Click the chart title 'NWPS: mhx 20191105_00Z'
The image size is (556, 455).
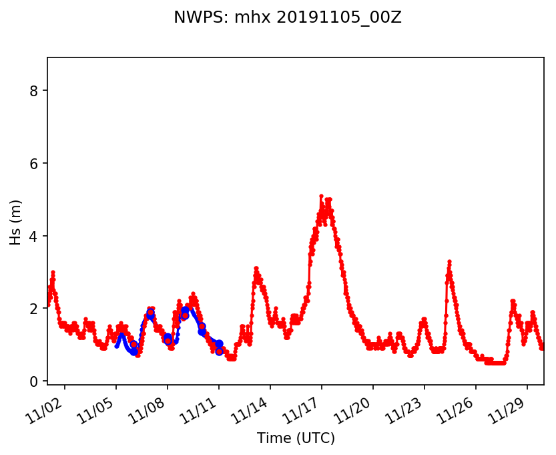pyautogui.click(x=287, y=17)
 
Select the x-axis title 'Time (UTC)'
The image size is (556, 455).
pyautogui.click(x=296, y=438)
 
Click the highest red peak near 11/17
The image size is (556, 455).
pyautogui.click(x=321, y=196)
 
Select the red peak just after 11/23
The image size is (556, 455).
pyautogui.click(x=449, y=261)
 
